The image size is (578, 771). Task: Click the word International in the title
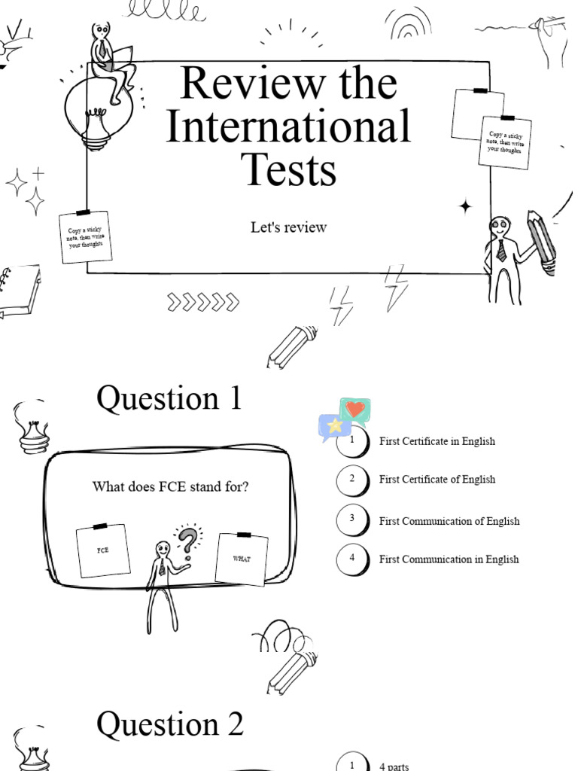point(288,126)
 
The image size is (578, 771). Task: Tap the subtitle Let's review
point(288,227)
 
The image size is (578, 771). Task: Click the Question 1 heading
point(169,398)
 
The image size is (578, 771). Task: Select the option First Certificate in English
point(437,441)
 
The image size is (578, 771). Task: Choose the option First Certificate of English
point(437,480)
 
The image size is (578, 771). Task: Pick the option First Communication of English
point(449,521)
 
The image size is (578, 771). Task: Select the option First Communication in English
point(449,559)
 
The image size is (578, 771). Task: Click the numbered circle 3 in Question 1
point(352,520)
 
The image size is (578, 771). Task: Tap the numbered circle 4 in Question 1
point(352,558)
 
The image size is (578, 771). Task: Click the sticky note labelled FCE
point(103,550)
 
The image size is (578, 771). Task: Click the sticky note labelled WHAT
point(242,559)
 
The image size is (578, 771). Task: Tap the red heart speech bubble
point(355,411)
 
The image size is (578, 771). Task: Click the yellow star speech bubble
point(333,426)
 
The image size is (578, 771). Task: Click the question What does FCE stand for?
point(170,487)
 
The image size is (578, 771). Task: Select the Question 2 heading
point(170,724)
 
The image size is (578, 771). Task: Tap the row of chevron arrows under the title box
point(203,303)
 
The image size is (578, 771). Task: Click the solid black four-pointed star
point(466,206)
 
